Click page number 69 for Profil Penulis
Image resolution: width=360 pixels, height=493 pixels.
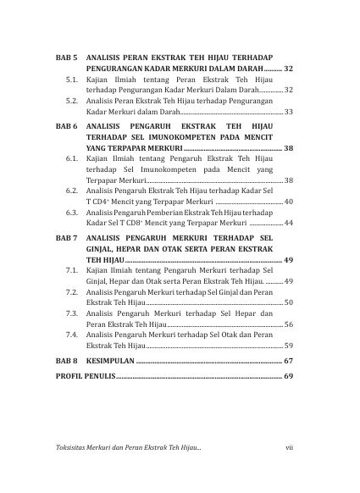288,375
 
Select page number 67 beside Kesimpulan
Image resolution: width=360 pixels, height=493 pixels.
288,361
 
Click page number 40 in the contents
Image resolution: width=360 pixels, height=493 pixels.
289,202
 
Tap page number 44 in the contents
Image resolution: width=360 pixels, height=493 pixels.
289,223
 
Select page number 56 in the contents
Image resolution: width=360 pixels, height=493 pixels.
289,324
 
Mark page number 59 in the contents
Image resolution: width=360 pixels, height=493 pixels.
289,346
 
